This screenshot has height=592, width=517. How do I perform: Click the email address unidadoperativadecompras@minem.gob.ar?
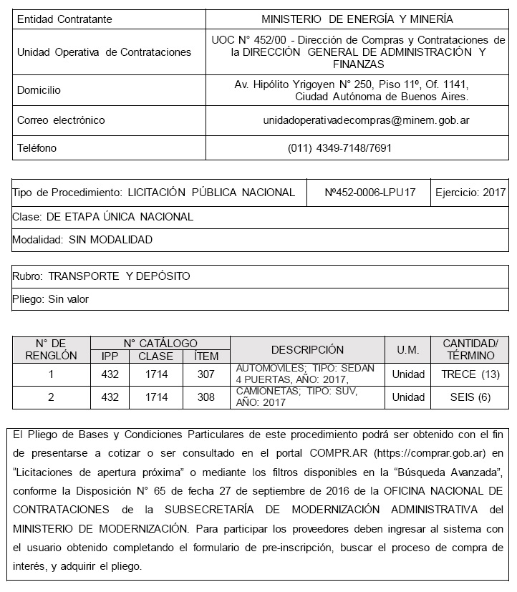click(355, 120)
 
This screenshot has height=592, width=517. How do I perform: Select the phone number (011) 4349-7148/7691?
click(340, 148)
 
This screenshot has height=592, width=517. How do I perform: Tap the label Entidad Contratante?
click(64, 19)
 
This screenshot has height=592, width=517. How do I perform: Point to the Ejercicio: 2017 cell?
click(470, 193)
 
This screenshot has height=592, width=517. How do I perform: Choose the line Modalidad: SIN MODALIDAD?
click(82, 240)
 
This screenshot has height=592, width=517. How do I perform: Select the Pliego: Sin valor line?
click(51, 299)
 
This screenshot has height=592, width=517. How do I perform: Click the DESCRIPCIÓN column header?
click(307, 350)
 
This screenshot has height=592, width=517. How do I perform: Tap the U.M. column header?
click(407, 350)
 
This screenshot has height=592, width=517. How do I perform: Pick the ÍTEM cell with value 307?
click(206, 374)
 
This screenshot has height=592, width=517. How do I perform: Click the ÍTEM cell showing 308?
click(206, 397)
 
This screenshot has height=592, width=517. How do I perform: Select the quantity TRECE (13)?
click(470, 374)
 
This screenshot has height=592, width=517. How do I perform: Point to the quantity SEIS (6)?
click(470, 397)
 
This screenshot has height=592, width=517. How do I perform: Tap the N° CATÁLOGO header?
click(160, 344)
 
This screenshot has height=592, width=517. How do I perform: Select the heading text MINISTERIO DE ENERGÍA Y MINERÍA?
click(357, 19)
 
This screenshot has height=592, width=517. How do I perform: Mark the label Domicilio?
click(39, 90)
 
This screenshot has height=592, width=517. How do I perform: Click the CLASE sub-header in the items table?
click(155, 356)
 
